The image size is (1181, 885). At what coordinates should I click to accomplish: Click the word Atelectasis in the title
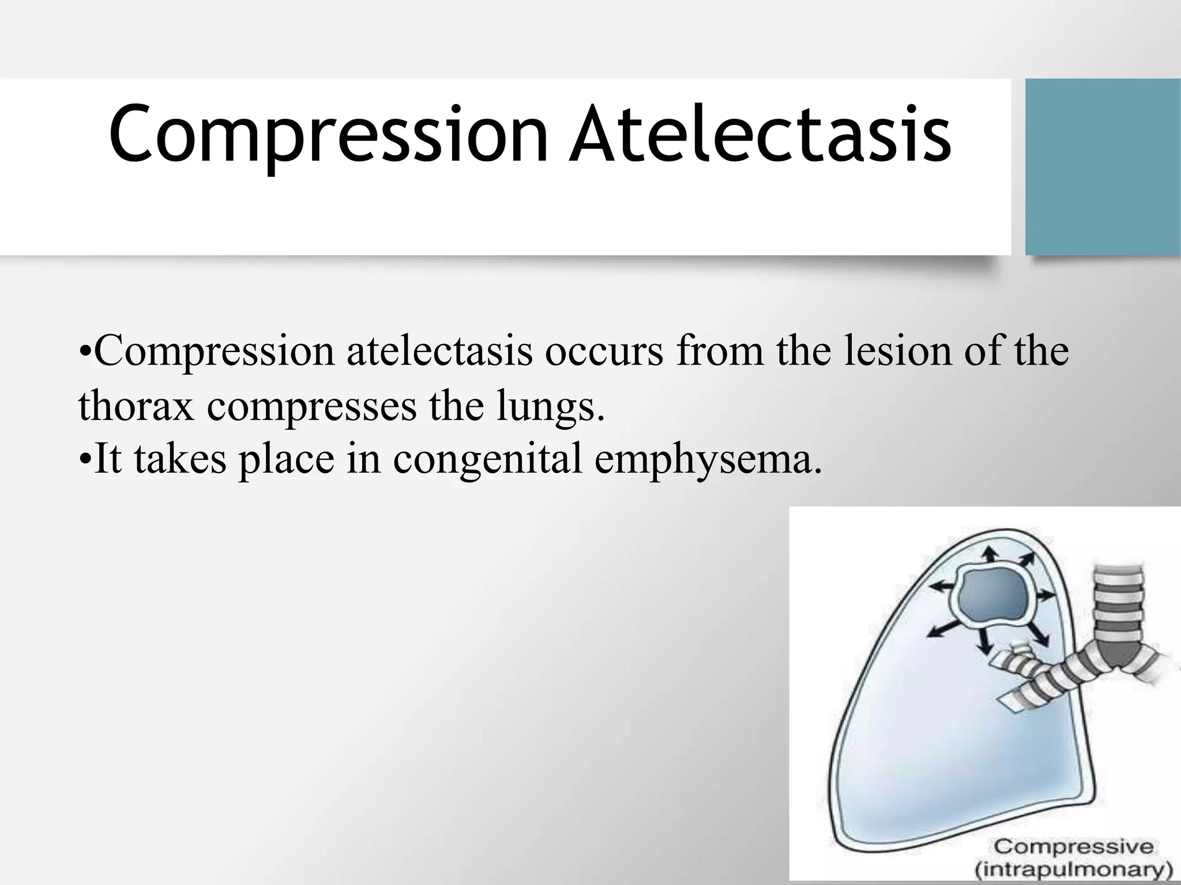click(x=759, y=134)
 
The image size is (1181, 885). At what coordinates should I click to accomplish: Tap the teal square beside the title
click(x=1103, y=167)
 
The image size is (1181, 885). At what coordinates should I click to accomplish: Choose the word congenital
click(x=487, y=460)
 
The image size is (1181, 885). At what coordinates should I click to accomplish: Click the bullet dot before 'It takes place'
click(x=84, y=460)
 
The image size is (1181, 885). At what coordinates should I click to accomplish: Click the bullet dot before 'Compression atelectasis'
click(x=84, y=351)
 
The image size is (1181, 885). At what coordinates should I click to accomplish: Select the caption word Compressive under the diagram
click(x=1074, y=846)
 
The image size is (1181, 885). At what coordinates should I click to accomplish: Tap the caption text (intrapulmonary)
click(x=1074, y=869)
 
